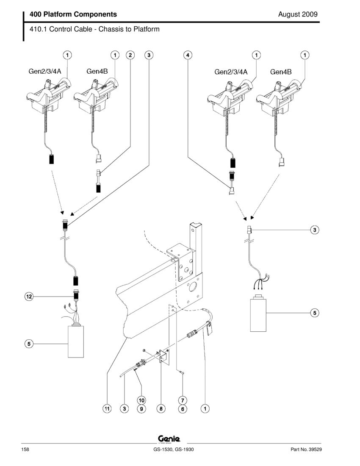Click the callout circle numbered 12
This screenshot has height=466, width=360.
point(29,297)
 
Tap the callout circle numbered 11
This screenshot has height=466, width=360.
point(107,409)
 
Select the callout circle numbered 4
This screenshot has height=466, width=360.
point(188,55)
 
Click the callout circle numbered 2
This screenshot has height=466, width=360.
point(130,55)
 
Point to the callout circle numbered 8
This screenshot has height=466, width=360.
point(161,409)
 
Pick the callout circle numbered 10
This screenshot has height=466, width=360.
point(141,400)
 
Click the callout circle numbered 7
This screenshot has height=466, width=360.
point(183,400)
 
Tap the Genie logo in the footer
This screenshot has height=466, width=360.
point(169,438)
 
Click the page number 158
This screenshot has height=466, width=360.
point(25,449)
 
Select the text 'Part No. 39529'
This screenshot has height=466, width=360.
point(306,449)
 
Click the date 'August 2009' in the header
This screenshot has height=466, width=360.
point(298,14)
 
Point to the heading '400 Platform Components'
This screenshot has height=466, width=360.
point(73,14)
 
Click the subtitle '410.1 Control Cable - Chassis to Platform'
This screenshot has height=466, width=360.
point(94,29)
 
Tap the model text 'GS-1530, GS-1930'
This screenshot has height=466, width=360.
point(174,449)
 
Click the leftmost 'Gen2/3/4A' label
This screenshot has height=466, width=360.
point(45,71)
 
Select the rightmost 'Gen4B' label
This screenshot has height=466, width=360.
point(281,72)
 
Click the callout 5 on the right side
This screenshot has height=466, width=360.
point(315,313)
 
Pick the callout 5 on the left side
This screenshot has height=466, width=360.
point(29,344)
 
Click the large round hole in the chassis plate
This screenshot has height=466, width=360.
point(192,286)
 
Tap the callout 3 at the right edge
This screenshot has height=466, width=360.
point(315,230)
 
